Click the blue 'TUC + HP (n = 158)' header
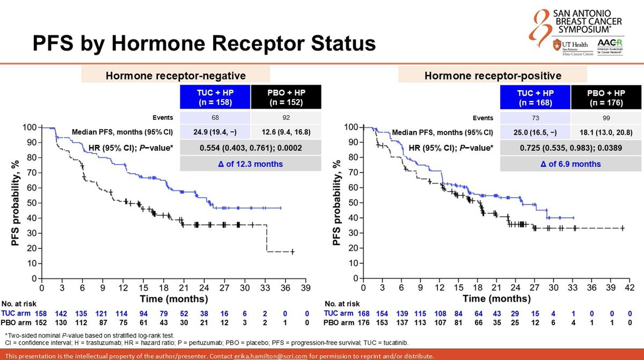point(215,97)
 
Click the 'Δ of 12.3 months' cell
point(252,164)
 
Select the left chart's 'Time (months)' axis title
point(174,298)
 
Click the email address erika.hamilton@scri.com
point(269,356)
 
